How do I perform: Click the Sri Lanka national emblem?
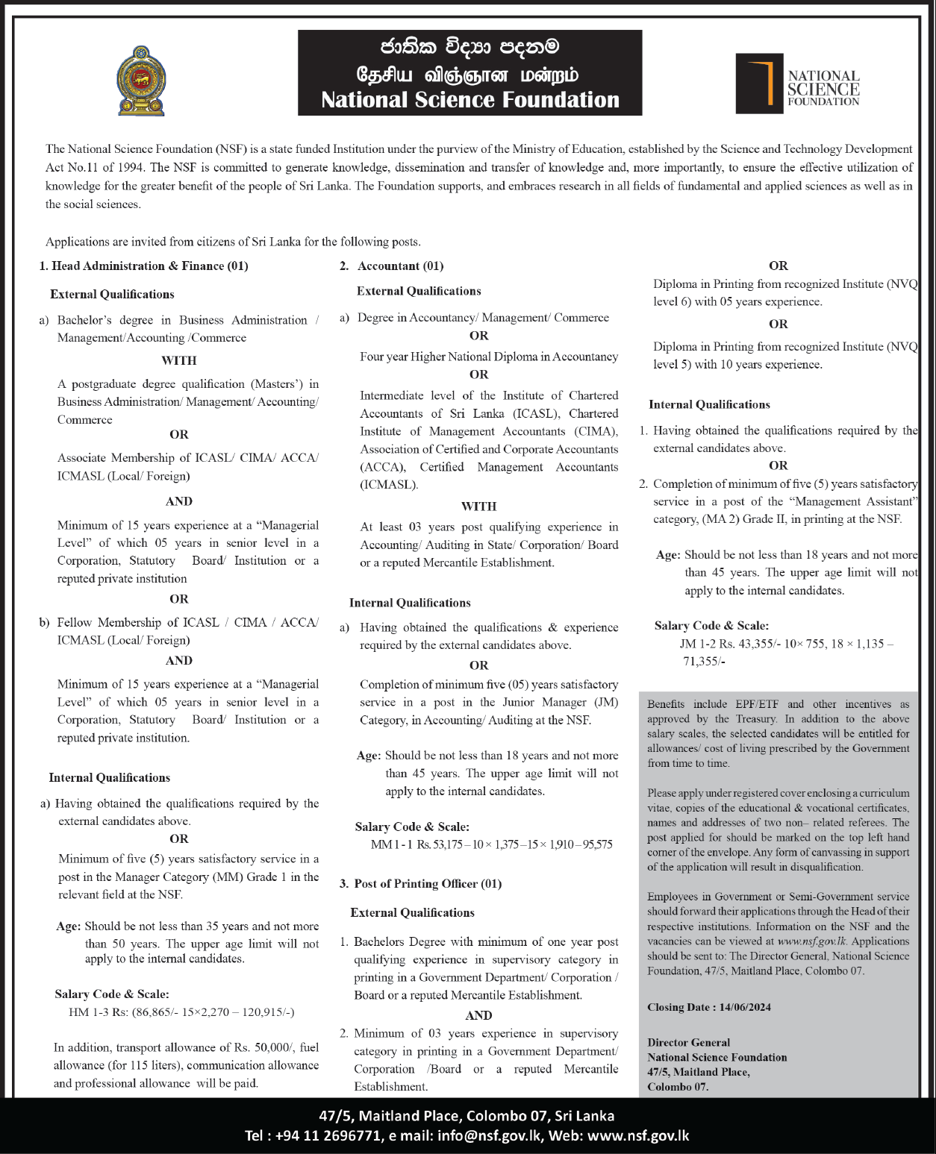click(x=141, y=81)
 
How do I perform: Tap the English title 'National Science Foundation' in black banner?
click(x=470, y=100)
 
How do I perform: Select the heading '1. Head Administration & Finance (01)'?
click(x=143, y=266)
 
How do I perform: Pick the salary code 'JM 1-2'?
click(x=698, y=644)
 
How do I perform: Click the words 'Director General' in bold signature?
click(x=688, y=1042)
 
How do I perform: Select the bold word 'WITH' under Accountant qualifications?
click(x=478, y=507)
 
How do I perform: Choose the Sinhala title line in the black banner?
click(x=469, y=47)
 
